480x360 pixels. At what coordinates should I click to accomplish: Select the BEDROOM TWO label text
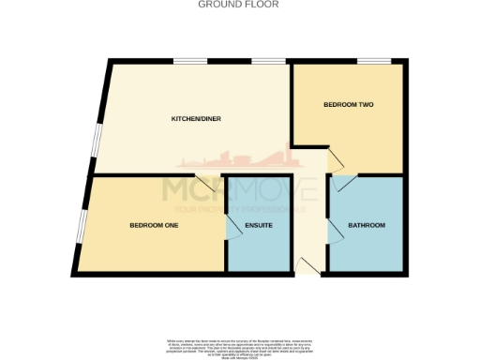coord(349,104)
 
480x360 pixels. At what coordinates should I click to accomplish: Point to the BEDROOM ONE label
coord(154,225)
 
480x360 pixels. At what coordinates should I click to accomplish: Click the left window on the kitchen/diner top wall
coord(190,62)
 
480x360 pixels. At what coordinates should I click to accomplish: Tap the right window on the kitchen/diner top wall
coord(268,62)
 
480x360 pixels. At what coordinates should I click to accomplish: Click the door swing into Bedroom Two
coord(333,156)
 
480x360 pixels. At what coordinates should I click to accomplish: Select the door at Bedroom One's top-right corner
coord(205,183)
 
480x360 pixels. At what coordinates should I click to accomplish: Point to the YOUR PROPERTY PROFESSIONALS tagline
coord(240,208)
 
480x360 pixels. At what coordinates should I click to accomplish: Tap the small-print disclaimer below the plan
coord(240,344)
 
